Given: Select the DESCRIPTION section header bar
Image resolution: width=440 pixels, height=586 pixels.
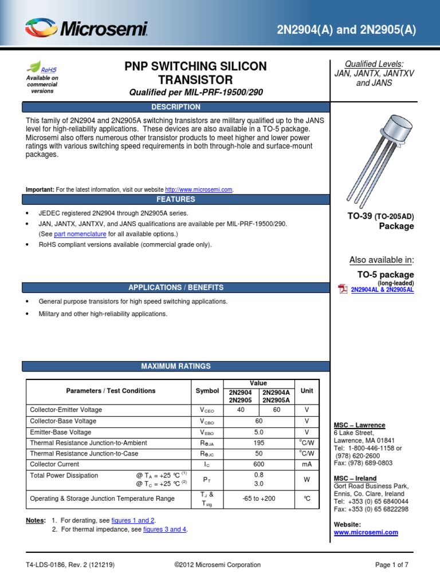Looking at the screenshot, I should coord(175,107).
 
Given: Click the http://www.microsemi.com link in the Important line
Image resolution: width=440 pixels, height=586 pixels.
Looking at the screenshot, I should coord(199,189).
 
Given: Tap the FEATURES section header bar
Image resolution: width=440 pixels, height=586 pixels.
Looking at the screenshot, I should coord(175,200).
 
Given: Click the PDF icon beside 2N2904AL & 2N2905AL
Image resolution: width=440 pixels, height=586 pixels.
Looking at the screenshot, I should coord(343,289).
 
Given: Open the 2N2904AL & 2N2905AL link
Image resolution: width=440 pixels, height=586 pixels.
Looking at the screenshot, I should coord(382,290).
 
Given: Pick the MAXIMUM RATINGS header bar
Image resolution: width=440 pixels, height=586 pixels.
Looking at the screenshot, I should coord(175,366).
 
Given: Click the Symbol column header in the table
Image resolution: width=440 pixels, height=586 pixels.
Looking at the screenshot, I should coord(207,391).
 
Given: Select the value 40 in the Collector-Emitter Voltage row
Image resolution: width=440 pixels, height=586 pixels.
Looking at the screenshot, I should coord(240,410).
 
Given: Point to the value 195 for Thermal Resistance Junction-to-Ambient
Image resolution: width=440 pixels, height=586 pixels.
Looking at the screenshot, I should coord(258,443).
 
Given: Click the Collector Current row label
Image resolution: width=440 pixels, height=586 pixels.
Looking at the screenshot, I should coord(54,464).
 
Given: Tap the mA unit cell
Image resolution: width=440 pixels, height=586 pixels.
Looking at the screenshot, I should coord(307,464).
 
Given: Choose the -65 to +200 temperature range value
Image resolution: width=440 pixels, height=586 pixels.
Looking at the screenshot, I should coord(258,498).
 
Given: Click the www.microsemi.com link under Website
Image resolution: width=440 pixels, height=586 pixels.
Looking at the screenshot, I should coord(366,532).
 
